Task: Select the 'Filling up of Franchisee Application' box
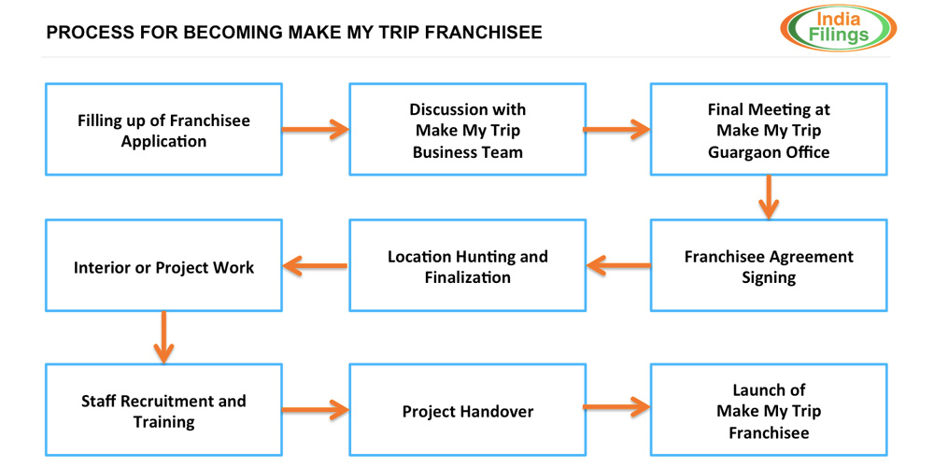point(163,130)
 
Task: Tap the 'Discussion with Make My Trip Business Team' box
point(467,130)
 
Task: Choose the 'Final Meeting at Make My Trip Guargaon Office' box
point(769,130)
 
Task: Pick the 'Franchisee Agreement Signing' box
point(769,266)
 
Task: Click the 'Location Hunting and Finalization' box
point(467,266)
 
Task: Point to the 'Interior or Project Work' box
point(163,266)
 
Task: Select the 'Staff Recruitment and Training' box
point(163,410)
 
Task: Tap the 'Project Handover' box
point(467,410)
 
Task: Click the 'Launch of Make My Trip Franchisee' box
point(769,410)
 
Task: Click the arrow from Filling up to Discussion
point(316,129)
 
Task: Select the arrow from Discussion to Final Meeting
point(617,129)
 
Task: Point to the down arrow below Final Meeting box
point(769,197)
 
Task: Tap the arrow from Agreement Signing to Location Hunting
point(618,266)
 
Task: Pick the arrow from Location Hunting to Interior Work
point(316,266)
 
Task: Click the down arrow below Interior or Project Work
point(163,337)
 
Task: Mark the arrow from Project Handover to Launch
point(617,406)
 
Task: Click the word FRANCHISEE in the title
point(481,33)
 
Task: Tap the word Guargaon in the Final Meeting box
point(744,151)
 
